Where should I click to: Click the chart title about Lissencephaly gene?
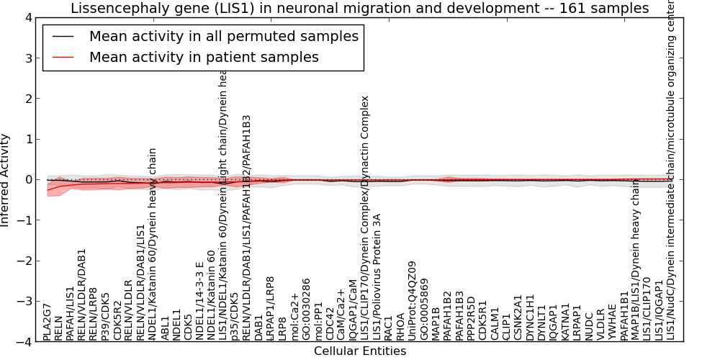(359, 8)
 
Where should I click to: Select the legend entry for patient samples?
(204, 56)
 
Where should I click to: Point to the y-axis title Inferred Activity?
(6, 180)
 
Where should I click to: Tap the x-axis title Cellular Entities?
(360, 351)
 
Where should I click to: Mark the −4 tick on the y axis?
(23, 342)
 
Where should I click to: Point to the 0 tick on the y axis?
(28, 180)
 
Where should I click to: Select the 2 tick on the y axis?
(28, 99)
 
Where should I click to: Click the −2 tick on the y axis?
(23, 261)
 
